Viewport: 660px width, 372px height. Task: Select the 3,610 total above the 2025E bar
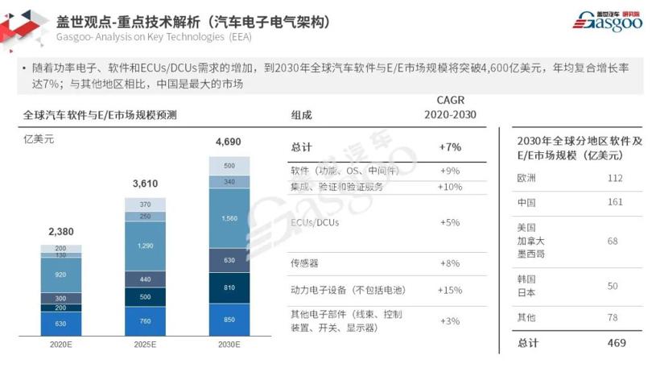(x=145, y=184)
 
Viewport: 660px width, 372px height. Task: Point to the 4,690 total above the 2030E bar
(x=229, y=143)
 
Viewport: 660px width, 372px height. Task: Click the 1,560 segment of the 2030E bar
(x=229, y=217)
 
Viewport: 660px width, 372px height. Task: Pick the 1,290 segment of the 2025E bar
(x=145, y=245)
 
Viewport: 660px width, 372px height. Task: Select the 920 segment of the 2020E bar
(x=61, y=275)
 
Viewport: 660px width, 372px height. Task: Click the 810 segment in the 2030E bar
(x=229, y=287)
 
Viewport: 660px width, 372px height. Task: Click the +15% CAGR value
(x=450, y=290)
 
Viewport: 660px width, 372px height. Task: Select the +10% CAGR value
(x=450, y=187)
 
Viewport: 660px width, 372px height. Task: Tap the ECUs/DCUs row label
(x=315, y=221)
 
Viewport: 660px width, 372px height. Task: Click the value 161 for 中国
(x=614, y=202)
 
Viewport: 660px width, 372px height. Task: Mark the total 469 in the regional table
(x=614, y=343)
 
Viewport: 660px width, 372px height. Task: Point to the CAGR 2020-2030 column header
(x=450, y=106)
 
